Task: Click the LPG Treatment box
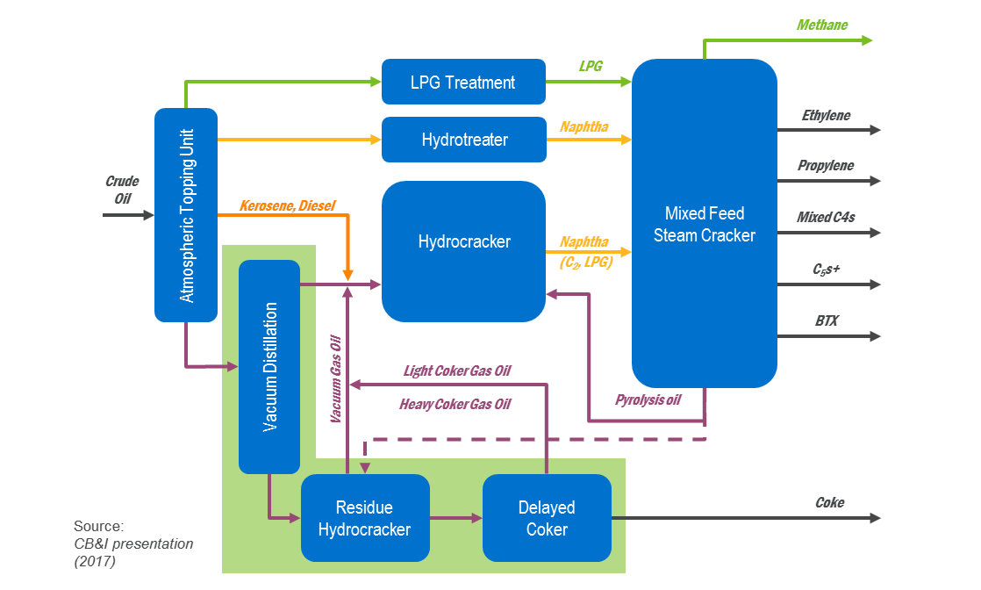(463, 83)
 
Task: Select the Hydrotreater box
(463, 140)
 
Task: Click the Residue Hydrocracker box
(364, 518)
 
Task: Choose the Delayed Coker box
(547, 518)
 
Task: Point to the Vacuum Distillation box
(269, 366)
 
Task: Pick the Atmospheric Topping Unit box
(186, 214)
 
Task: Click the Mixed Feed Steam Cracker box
(704, 223)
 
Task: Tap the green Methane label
(821, 25)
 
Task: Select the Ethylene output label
(825, 116)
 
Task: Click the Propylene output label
(825, 166)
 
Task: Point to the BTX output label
(826, 321)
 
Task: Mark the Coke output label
(829, 503)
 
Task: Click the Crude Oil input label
(122, 191)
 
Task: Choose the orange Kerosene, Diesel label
(287, 206)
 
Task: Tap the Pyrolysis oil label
(648, 400)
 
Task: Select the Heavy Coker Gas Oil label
(455, 405)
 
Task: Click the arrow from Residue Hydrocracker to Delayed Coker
(456, 519)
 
